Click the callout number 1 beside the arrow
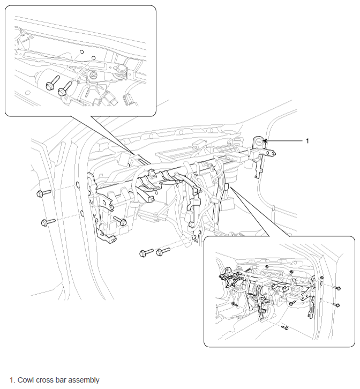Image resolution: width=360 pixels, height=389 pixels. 307,141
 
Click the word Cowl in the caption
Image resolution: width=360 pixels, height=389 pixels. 26,380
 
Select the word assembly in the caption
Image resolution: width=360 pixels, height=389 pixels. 84,380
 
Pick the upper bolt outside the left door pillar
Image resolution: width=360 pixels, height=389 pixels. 43,193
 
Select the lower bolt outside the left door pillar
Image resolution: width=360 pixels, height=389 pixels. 48,222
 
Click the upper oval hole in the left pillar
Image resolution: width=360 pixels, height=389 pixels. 77,184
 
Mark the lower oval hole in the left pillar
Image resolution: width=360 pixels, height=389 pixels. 81,213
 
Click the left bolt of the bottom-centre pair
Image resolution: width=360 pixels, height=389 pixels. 146,253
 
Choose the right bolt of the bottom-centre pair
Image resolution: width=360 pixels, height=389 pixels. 163,252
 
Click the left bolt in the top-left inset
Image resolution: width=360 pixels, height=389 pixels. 52,83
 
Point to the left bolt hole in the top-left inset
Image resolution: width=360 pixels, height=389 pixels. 81,52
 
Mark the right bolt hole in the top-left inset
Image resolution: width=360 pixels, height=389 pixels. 93,58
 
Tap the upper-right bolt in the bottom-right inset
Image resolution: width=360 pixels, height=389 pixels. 337,288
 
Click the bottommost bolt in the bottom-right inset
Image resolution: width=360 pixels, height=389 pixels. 285,328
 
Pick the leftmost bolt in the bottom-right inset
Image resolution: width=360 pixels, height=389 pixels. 235,304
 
